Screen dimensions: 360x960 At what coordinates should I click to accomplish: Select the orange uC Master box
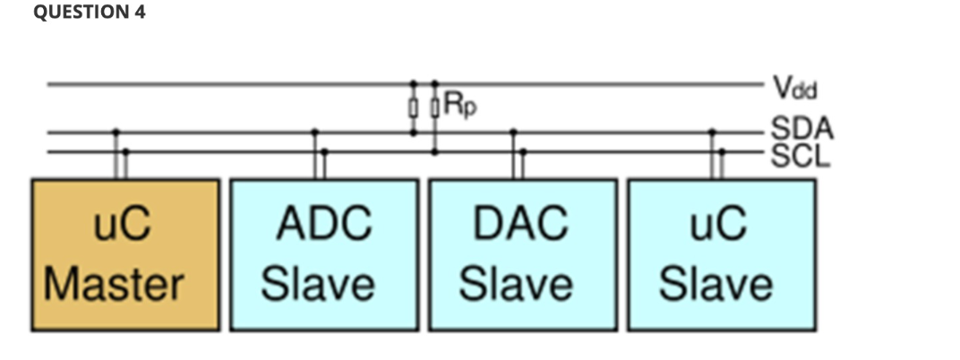[x=125, y=254]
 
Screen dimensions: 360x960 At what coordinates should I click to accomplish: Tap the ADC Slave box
[x=324, y=254]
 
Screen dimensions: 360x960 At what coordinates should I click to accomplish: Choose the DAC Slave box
[x=523, y=254]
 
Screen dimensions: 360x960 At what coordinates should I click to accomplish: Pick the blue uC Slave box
[x=722, y=254]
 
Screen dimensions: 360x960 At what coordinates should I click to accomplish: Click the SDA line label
[x=801, y=129]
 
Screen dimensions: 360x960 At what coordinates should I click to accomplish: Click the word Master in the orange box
[x=114, y=285]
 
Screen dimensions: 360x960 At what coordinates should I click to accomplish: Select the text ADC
[x=324, y=223]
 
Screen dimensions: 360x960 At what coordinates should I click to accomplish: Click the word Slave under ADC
[x=318, y=285]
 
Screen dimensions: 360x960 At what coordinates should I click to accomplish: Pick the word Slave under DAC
[x=517, y=285]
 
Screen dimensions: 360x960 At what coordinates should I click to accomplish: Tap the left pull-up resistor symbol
[x=413, y=108]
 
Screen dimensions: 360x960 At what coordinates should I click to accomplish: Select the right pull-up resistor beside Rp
[x=435, y=108]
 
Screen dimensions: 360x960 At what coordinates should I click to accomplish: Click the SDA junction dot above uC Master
[x=116, y=132]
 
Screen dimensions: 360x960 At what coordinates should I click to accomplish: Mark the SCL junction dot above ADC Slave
[x=324, y=151]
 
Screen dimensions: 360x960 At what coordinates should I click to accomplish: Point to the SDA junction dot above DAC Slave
[x=513, y=132]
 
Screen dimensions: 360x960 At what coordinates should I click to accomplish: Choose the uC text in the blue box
[x=722, y=223]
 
